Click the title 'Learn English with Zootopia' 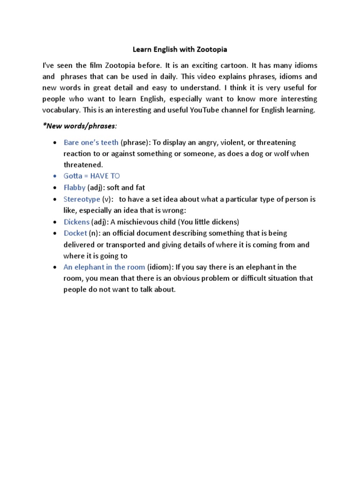[180, 49]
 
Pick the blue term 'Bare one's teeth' [91, 142]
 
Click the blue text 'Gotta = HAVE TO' [92, 176]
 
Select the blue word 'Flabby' [75, 187]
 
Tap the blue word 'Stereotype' [82, 199]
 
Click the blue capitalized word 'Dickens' [77, 222]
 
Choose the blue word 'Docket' [75, 233]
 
